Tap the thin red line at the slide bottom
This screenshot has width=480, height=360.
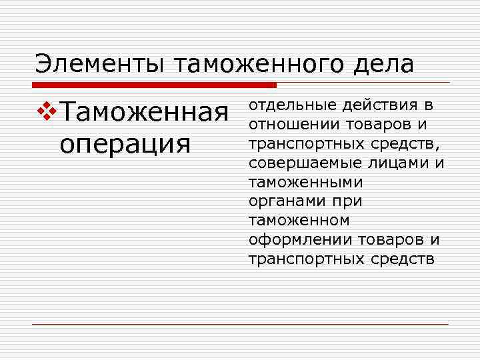pyautogui.click(x=240, y=324)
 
